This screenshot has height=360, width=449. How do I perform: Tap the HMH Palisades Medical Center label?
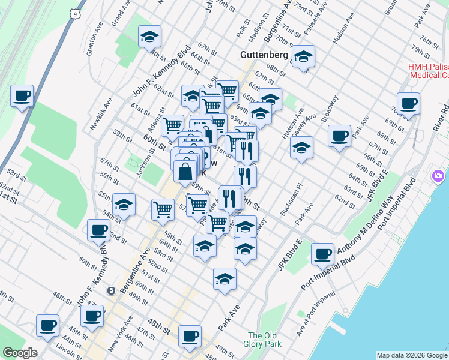429,71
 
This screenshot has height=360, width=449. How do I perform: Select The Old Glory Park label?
262,340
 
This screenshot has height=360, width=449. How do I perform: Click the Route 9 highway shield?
74,12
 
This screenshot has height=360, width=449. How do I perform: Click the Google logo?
20,353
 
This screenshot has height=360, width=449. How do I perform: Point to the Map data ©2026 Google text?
411,355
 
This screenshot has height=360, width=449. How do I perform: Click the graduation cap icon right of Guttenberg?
304,58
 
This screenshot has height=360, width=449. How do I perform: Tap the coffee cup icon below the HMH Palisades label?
409,103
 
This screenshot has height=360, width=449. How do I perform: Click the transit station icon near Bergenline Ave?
111,291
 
